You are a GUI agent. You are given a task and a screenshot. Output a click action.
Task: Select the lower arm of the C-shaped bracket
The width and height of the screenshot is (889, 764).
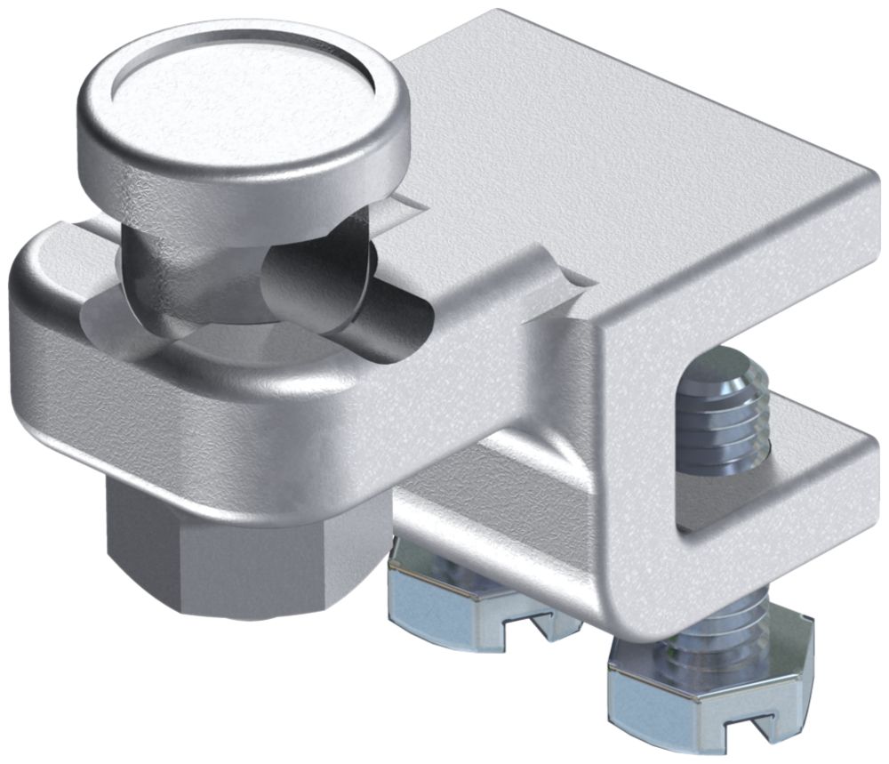pyautogui.click(x=782, y=498)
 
